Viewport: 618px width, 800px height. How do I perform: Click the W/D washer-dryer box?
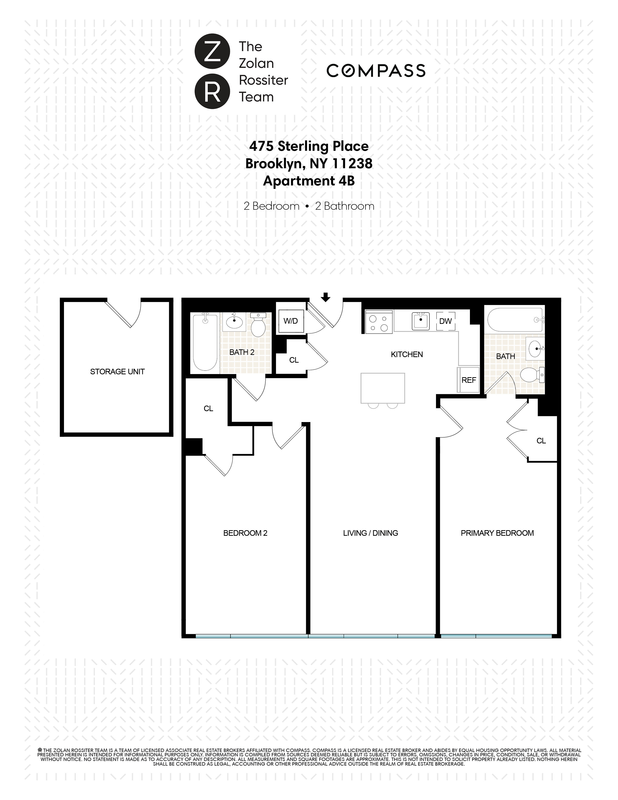pyautogui.click(x=291, y=321)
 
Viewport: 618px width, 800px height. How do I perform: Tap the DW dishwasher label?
pyautogui.click(x=445, y=321)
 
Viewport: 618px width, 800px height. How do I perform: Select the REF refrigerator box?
pyautogui.click(x=469, y=380)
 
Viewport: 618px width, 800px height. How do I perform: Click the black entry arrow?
pyautogui.click(x=325, y=297)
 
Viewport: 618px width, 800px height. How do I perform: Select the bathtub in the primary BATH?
pyautogui.click(x=514, y=320)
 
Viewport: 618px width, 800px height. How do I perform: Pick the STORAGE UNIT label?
pyautogui.click(x=117, y=371)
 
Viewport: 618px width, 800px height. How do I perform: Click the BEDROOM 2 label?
pyautogui.click(x=245, y=533)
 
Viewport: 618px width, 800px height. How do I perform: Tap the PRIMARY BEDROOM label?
pyautogui.click(x=497, y=533)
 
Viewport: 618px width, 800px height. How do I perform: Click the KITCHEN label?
pyautogui.click(x=407, y=354)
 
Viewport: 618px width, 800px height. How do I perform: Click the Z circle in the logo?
pyautogui.click(x=212, y=52)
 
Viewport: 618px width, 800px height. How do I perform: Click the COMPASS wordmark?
pyautogui.click(x=376, y=71)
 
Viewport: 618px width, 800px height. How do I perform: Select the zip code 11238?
pyautogui.click(x=352, y=163)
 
